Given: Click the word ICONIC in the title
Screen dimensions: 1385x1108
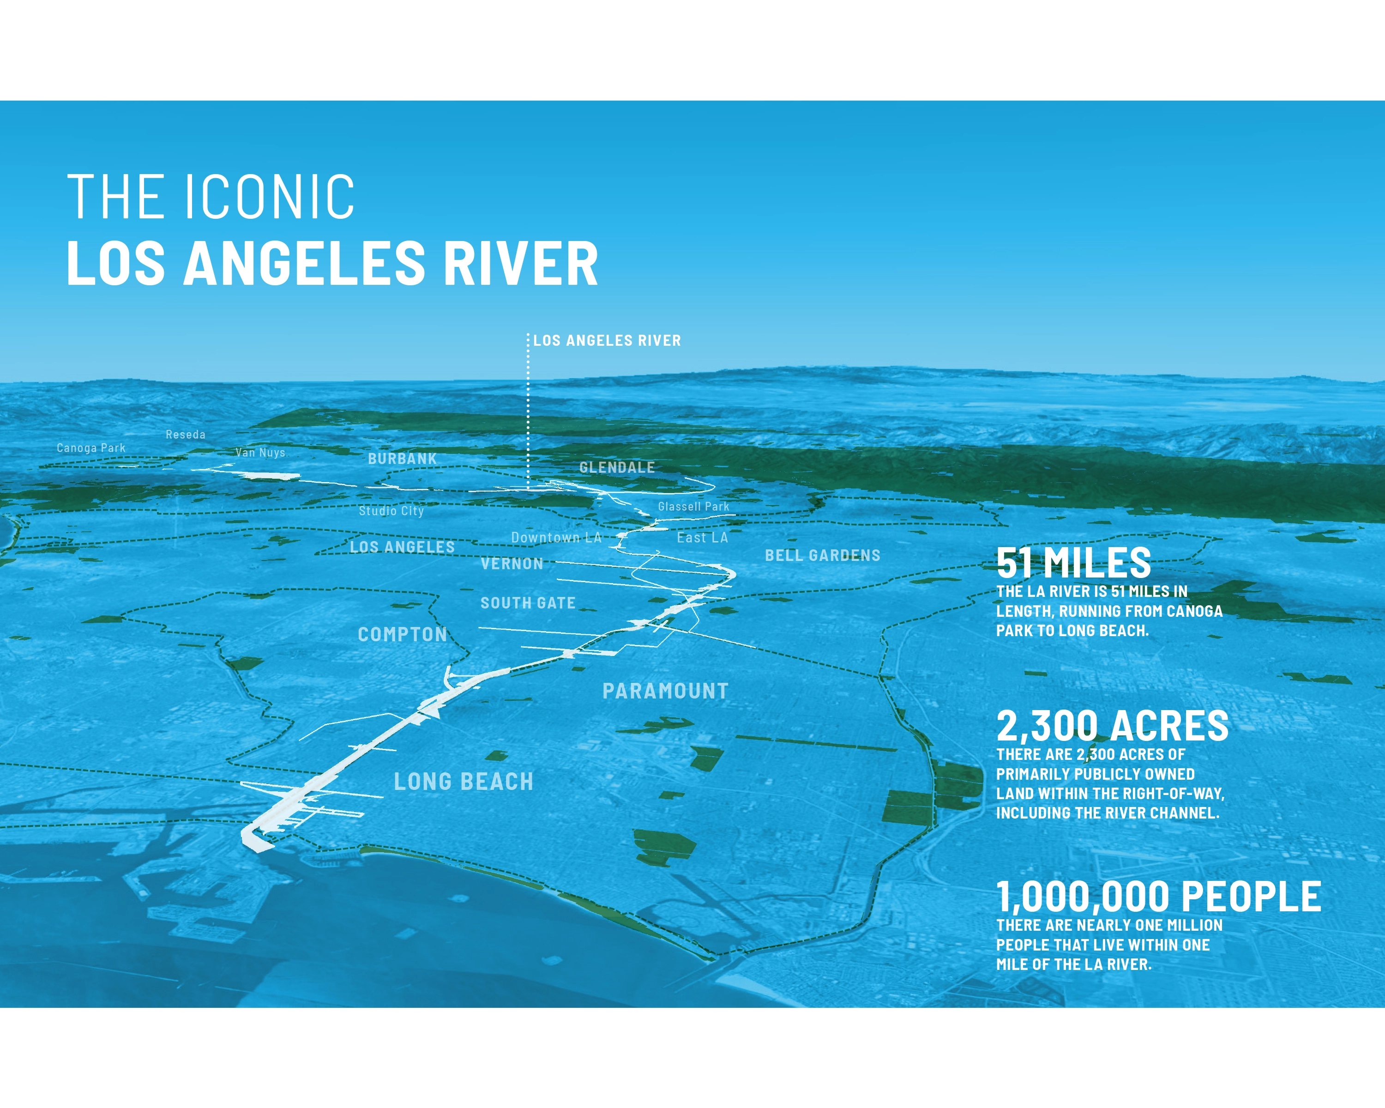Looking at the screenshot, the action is [x=270, y=197].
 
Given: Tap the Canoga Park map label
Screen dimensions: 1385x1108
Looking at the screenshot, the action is [x=91, y=448].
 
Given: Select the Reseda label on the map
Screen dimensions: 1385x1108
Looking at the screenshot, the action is [x=186, y=434].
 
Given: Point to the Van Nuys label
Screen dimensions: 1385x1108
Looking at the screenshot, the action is [x=260, y=452].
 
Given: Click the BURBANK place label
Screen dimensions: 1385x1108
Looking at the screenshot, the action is [x=402, y=458].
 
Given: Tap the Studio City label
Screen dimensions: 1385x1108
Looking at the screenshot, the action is [x=391, y=511].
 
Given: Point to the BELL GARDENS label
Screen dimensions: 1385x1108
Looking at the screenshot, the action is [x=822, y=555].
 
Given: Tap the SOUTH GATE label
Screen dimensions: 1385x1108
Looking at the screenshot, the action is [x=528, y=603].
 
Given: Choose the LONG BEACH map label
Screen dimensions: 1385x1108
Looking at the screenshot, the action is [x=464, y=782].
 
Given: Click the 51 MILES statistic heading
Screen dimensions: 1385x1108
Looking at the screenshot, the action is [x=1073, y=563].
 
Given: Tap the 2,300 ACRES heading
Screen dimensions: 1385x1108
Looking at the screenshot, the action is [x=1113, y=727].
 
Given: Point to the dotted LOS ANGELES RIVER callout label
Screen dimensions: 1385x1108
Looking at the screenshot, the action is [x=607, y=340].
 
